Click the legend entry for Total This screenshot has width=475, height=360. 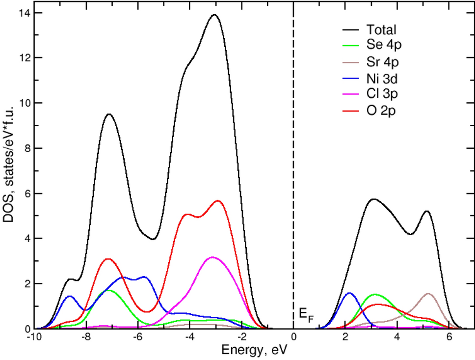pyautogui.click(x=381, y=30)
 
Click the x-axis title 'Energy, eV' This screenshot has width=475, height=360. pyautogui.click(x=253, y=351)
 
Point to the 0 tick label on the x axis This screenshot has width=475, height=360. pyautogui.click(x=293, y=337)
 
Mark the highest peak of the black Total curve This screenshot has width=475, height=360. pyautogui.click(x=214, y=15)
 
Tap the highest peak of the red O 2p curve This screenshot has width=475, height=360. pyautogui.click(x=218, y=200)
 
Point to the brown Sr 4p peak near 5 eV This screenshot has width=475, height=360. pyautogui.click(x=428, y=294)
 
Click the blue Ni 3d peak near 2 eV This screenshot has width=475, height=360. pyautogui.click(x=349, y=293)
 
